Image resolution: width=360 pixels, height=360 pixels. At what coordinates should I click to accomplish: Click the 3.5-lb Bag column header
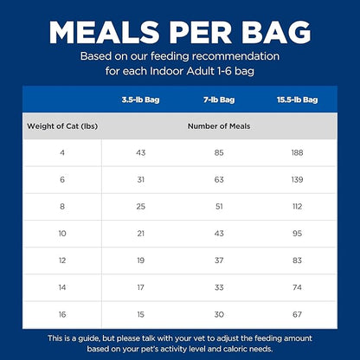coord(140,100)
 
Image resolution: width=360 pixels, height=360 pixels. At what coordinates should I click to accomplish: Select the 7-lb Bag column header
coord(219,100)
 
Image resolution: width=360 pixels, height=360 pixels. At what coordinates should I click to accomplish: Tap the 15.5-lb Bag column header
coord(297,100)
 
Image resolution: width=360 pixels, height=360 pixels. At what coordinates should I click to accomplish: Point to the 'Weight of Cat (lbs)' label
coord(62,126)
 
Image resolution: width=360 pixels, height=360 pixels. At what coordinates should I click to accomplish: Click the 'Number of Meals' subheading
coord(219,126)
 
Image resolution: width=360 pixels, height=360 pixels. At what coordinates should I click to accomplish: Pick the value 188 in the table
coord(297,152)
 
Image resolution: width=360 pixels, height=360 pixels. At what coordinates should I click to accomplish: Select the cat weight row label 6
coord(62,180)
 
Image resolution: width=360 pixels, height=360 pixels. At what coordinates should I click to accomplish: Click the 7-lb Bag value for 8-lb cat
coord(219,207)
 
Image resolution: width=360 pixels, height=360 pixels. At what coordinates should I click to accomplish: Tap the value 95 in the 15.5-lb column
coord(297,234)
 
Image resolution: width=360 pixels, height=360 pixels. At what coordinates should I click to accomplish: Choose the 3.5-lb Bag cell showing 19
coord(140,260)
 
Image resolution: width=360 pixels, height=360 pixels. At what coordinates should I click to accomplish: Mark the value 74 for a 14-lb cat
coord(297,287)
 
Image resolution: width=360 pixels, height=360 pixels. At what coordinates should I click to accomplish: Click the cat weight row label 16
coord(62,314)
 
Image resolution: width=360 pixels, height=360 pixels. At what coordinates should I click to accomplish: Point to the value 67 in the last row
coord(297,314)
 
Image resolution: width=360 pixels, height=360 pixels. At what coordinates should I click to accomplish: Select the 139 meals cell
coord(297,180)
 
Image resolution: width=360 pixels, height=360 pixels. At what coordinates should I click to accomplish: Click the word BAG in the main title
coord(276,32)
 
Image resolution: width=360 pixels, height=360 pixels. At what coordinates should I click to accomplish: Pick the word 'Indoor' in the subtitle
coord(166,71)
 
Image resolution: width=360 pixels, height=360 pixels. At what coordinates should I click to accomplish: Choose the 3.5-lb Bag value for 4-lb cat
coord(140,152)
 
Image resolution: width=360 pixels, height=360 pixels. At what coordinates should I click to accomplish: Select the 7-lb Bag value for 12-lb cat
coord(219,260)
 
